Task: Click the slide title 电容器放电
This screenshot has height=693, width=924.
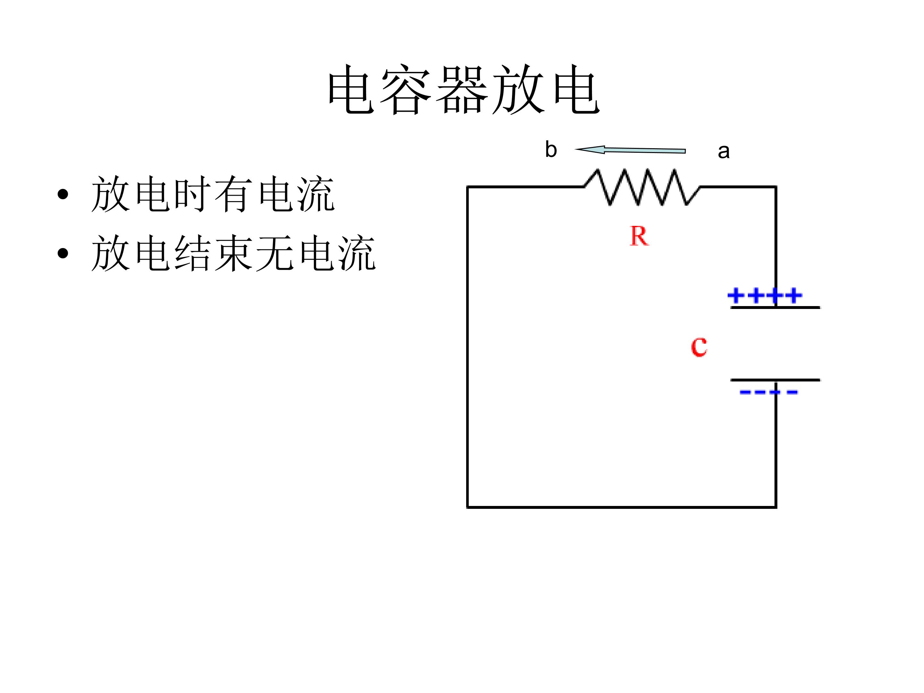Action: click(464, 90)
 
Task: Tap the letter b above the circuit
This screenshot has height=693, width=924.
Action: click(551, 150)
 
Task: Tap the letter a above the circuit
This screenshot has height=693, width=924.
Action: click(723, 151)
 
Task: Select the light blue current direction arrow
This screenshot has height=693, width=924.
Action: click(631, 150)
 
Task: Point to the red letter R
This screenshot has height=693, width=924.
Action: click(639, 236)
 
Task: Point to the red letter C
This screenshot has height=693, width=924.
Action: click(699, 347)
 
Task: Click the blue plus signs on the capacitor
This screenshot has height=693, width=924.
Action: click(765, 295)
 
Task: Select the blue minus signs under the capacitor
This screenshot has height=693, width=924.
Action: click(769, 392)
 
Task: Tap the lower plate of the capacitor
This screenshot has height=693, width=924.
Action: click(775, 380)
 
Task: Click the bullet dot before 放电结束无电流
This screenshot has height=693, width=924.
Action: click(63, 253)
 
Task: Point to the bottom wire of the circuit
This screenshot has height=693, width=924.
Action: click(621, 507)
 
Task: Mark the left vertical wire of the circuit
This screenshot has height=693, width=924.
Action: click(467, 347)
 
